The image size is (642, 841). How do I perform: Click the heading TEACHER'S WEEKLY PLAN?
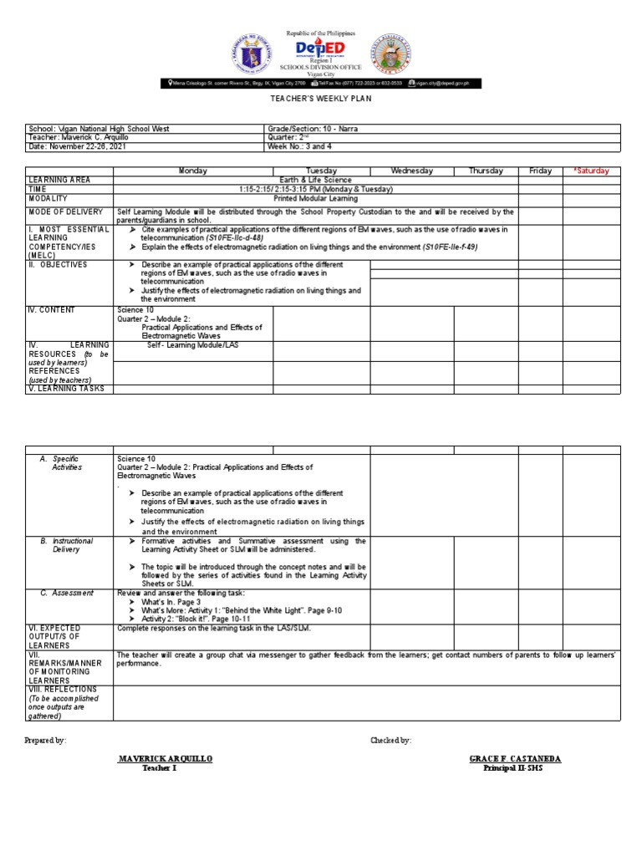[x=320, y=99]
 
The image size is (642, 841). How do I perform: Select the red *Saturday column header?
[x=591, y=171]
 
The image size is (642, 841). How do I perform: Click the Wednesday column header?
[x=411, y=171]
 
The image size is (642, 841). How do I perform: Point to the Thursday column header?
[x=486, y=171]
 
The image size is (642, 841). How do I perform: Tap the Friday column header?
[x=540, y=171]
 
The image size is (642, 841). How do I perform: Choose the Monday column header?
[x=193, y=171]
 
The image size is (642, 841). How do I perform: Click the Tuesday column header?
[x=321, y=171]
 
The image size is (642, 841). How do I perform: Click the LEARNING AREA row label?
[x=59, y=180]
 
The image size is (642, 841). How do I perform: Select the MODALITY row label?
[x=53, y=198]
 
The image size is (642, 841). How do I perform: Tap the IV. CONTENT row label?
[x=52, y=309]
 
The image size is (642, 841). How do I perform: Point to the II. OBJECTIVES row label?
[x=58, y=264]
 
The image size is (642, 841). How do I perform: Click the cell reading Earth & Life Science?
[x=315, y=180]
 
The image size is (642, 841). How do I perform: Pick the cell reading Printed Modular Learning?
[x=315, y=198]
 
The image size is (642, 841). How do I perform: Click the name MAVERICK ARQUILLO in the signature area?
[x=166, y=758]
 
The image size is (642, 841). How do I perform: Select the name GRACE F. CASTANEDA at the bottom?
[x=515, y=758]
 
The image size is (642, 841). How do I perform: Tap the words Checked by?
[x=390, y=740]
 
